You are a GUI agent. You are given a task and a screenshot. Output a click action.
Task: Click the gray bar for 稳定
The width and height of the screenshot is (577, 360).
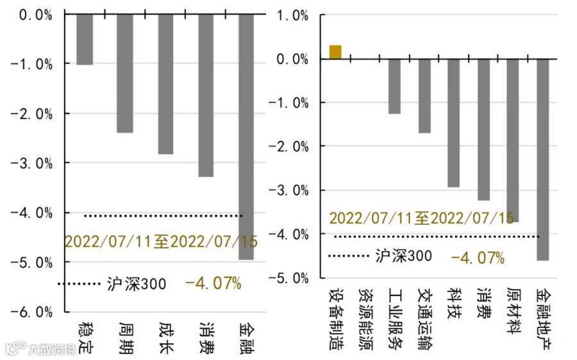(85, 40)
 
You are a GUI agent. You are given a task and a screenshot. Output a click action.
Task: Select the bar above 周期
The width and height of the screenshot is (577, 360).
(125, 74)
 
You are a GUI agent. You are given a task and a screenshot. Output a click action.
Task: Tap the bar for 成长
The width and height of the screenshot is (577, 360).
(165, 84)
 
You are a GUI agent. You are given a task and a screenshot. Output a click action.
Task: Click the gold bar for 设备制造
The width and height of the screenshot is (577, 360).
(335, 53)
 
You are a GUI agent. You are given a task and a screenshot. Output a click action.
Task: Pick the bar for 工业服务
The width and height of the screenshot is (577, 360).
(394, 86)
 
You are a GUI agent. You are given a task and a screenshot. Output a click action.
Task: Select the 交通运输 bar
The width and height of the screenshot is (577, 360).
(424, 96)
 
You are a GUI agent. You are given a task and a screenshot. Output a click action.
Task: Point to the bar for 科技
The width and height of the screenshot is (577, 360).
(454, 123)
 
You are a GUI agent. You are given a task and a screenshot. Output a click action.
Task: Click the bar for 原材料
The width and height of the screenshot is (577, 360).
(513, 140)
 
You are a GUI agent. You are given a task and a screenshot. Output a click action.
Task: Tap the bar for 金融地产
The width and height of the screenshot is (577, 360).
(543, 160)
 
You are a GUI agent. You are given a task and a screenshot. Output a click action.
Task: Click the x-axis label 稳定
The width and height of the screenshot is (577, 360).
(86, 338)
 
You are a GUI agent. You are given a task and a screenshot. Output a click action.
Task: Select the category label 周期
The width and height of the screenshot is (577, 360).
(126, 338)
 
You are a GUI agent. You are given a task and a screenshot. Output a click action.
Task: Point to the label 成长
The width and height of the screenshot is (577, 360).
(166, 338)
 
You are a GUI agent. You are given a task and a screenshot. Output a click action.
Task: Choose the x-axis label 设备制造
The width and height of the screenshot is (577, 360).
(337, 319)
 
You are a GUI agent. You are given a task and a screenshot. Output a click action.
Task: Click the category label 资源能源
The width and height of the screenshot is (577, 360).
(366, 319)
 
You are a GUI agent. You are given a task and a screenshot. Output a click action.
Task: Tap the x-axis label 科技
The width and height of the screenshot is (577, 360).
(455, 304)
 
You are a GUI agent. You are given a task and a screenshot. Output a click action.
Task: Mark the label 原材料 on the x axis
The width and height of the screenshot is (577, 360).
(514, 311)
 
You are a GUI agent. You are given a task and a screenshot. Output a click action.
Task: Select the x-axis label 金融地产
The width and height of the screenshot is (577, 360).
(544, 319)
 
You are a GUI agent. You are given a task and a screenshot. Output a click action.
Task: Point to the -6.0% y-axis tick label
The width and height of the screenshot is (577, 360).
(31, 312)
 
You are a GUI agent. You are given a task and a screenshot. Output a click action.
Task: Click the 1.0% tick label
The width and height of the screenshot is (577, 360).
(292, 16)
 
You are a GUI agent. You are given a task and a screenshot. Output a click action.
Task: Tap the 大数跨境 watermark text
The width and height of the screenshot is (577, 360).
(52, 349)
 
